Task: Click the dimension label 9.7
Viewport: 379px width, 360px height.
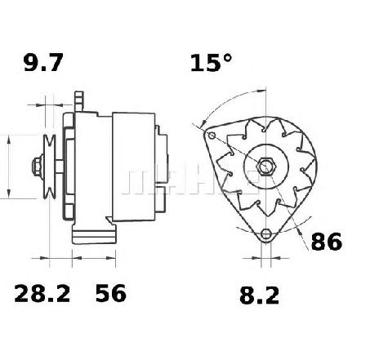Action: pos(43,63)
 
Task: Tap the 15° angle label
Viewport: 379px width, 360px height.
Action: pos(211,63)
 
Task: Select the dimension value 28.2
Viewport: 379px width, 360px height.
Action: pos(42,294)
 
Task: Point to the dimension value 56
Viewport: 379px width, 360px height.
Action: pos(111,294)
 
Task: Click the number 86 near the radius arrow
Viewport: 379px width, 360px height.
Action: pos(327,242)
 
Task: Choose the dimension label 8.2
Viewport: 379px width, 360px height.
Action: pos(259,296)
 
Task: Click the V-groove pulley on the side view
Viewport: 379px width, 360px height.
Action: pos(50,167)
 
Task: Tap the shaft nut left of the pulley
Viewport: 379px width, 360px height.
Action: pos(38,167)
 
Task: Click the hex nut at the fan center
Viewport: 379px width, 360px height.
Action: pos(266,166)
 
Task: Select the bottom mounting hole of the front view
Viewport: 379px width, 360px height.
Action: pos(265,233)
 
